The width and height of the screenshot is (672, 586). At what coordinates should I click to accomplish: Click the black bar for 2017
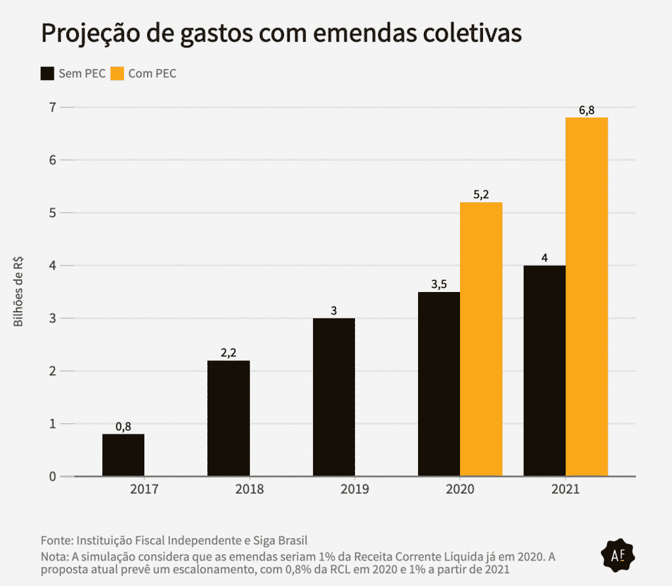(x=123, y=455)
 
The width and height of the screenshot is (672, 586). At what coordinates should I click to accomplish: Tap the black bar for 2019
(x=334, y=397)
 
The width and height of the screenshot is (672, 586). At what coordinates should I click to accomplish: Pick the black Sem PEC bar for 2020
(x=439, y=384)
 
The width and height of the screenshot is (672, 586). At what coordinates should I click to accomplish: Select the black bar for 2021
(x=544, y=371)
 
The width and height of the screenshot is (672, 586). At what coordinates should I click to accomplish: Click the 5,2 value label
(x=481, y=195)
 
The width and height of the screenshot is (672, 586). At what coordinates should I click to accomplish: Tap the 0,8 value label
(x=123, y=427)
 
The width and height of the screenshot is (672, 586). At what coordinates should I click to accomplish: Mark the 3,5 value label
(x=439, y=284)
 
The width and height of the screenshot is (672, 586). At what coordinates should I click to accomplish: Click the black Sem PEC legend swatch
(x=48, y=73)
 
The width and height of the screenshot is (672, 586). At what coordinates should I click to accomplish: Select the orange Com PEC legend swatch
(x=117, y=73)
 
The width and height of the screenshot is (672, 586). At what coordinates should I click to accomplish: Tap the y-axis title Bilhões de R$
(x=18, y=291)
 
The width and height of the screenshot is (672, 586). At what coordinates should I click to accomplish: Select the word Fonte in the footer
(x=56, y=540)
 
